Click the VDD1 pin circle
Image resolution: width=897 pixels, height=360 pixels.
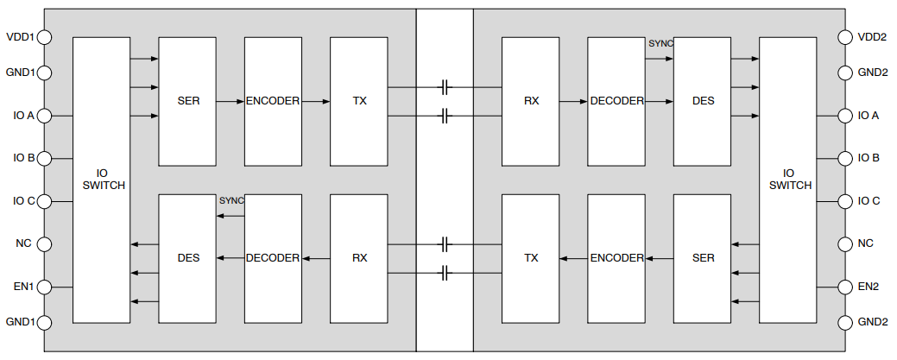[45, 37]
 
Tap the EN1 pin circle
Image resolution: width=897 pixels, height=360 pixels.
[45, 287]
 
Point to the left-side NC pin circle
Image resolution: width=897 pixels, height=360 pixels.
[45, 244]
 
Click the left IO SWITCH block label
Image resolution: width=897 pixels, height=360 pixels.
[102, 180]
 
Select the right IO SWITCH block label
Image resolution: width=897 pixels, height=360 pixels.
[789, 180]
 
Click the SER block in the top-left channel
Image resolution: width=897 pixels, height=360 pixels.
[187, 101]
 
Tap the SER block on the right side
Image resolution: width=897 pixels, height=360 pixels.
[703, 258]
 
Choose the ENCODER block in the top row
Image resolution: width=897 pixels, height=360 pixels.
[273, 101]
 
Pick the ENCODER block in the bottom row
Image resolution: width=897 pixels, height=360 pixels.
[616, 258]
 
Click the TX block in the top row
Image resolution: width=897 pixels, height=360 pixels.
[359, 101]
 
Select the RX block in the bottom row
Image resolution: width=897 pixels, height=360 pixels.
[359, 258]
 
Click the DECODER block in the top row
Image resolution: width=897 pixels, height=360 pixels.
[616, 101]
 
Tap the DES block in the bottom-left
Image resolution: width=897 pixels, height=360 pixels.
[187, 258]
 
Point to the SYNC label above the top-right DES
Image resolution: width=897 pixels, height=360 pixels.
[660, 43]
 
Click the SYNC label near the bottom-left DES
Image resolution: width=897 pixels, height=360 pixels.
[231, 200]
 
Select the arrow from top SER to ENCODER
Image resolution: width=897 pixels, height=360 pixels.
[230, 101]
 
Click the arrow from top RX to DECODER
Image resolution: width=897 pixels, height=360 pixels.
[573, 101]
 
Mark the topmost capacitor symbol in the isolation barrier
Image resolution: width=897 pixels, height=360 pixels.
[445, 87]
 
